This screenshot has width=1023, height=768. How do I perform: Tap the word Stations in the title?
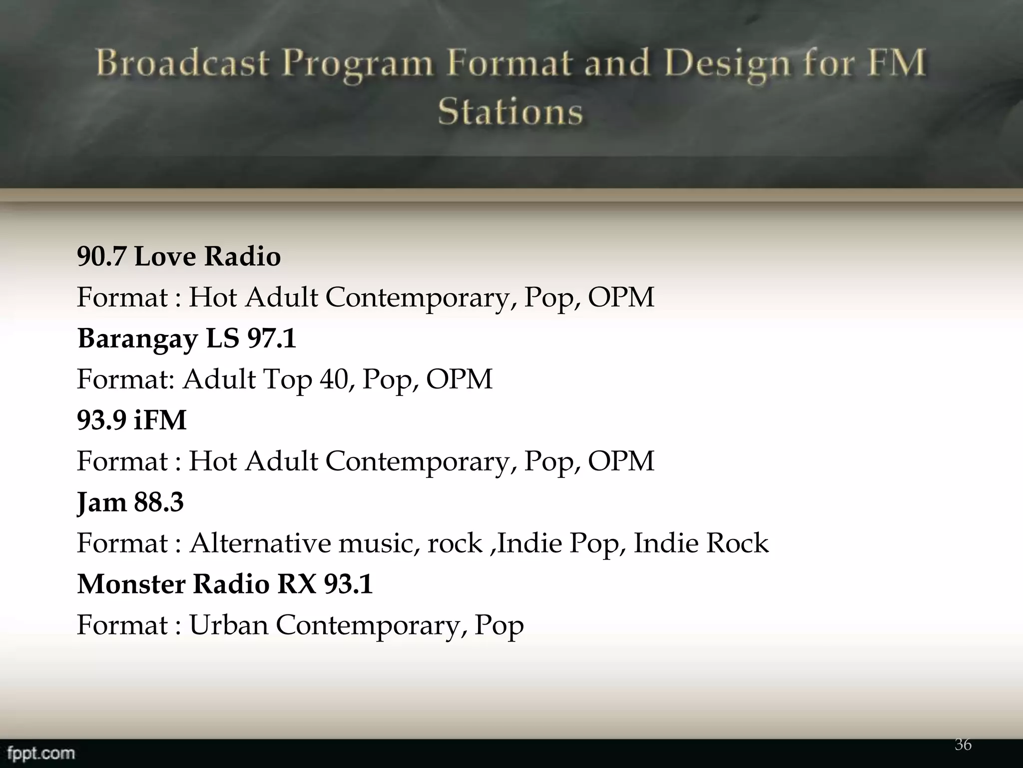(x=511, y=111)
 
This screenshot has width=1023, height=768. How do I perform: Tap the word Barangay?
(x=138, y=339)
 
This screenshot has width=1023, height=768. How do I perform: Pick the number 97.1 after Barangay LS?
(x=271, y=338)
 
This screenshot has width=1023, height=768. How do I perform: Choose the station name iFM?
(x=160, y=420)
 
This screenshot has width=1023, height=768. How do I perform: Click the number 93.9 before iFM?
(x=101, y=420)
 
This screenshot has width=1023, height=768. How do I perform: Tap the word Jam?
(x=101, y=502)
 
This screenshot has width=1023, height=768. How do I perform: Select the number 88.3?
(x=159, y=502)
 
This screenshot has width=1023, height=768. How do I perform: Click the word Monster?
(x=131, y=584)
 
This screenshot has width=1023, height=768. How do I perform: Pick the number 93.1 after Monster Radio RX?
(x=348, y=584)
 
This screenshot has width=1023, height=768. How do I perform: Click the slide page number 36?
(x=963, y=744)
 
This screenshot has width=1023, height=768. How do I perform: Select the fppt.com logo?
(x=41, y=753)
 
